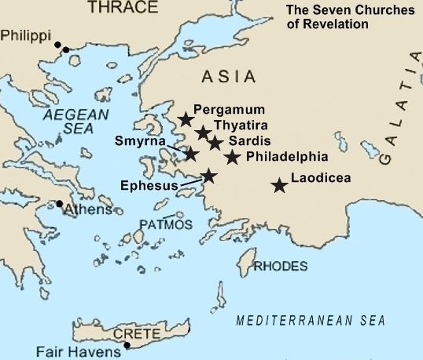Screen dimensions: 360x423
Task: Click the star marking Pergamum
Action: coord(185,119)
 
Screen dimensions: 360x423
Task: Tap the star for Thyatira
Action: coord(203,132)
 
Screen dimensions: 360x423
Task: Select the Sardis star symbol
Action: coord(215,143)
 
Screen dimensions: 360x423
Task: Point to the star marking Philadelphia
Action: coord(232,157)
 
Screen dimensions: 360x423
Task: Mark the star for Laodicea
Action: coord(278,185)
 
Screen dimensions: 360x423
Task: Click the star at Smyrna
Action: coord(190,153)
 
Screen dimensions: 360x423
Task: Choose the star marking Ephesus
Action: coord(208,176)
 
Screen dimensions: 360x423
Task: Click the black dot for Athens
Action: coord(59,204)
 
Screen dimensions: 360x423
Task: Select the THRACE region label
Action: coord(116,8)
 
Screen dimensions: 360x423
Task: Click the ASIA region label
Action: coord(229,77)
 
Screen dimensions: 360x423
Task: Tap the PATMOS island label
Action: coord(165,224)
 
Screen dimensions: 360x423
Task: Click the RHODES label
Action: coord(280,267)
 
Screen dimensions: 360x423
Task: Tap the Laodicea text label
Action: coord(320,177)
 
